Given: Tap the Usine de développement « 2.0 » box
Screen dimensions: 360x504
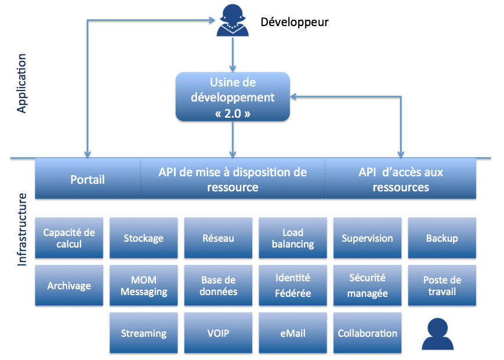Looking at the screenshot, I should (233, 97).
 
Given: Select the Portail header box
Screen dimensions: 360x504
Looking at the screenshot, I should (88, 179).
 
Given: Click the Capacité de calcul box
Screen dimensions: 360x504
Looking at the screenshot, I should (69, 238).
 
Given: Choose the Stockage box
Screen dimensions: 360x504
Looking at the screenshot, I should (143, 238).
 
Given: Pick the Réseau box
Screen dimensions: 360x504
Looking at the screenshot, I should (218, 238).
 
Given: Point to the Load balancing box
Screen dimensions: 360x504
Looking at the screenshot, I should (293, 238).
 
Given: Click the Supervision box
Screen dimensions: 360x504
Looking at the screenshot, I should (367, 238).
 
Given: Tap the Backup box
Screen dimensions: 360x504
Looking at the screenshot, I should (442, 238).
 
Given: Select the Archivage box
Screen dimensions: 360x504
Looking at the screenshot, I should (69, 285).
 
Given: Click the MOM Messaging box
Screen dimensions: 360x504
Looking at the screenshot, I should (143, 285).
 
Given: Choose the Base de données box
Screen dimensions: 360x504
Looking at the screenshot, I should (218, 285).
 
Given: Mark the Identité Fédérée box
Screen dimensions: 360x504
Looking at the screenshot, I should (293, 285).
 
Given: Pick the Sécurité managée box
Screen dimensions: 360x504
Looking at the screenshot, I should (367, 285).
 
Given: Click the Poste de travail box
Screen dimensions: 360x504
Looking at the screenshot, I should (442, 285).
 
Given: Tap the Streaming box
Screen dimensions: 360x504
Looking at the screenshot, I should (143, 333).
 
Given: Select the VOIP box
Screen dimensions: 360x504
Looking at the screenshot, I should (218, 333).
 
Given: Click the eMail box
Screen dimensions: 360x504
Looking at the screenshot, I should (293, 333).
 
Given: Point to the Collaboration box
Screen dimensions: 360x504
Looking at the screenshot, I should (367, 333).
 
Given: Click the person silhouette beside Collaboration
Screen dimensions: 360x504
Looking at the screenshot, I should (437, 334).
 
